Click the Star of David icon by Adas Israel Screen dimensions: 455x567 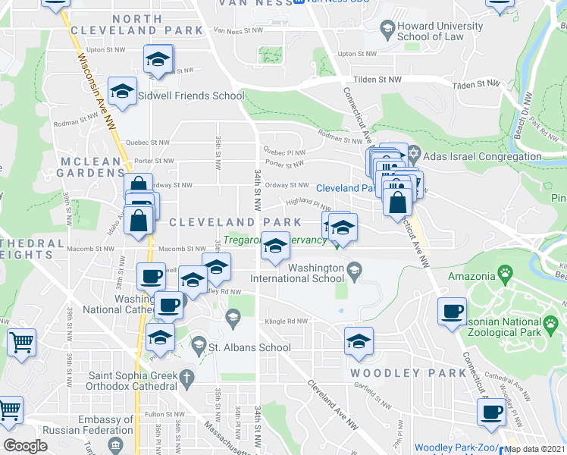(414, 155)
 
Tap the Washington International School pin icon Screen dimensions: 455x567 (352, 268)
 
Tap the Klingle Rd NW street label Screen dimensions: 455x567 (288, 322)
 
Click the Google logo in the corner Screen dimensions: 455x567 (25, 446)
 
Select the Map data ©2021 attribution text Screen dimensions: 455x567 (534, 448)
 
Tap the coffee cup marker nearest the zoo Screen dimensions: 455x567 (452, 312)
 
